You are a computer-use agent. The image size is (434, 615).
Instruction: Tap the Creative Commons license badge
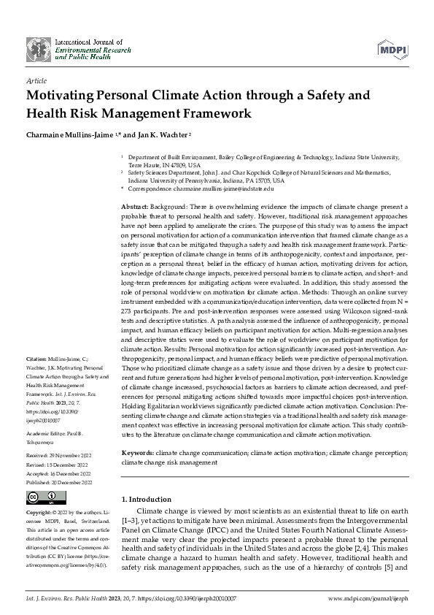(x=41, y=498)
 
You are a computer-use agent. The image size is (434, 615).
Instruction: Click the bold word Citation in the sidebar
(x=36, y=361)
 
